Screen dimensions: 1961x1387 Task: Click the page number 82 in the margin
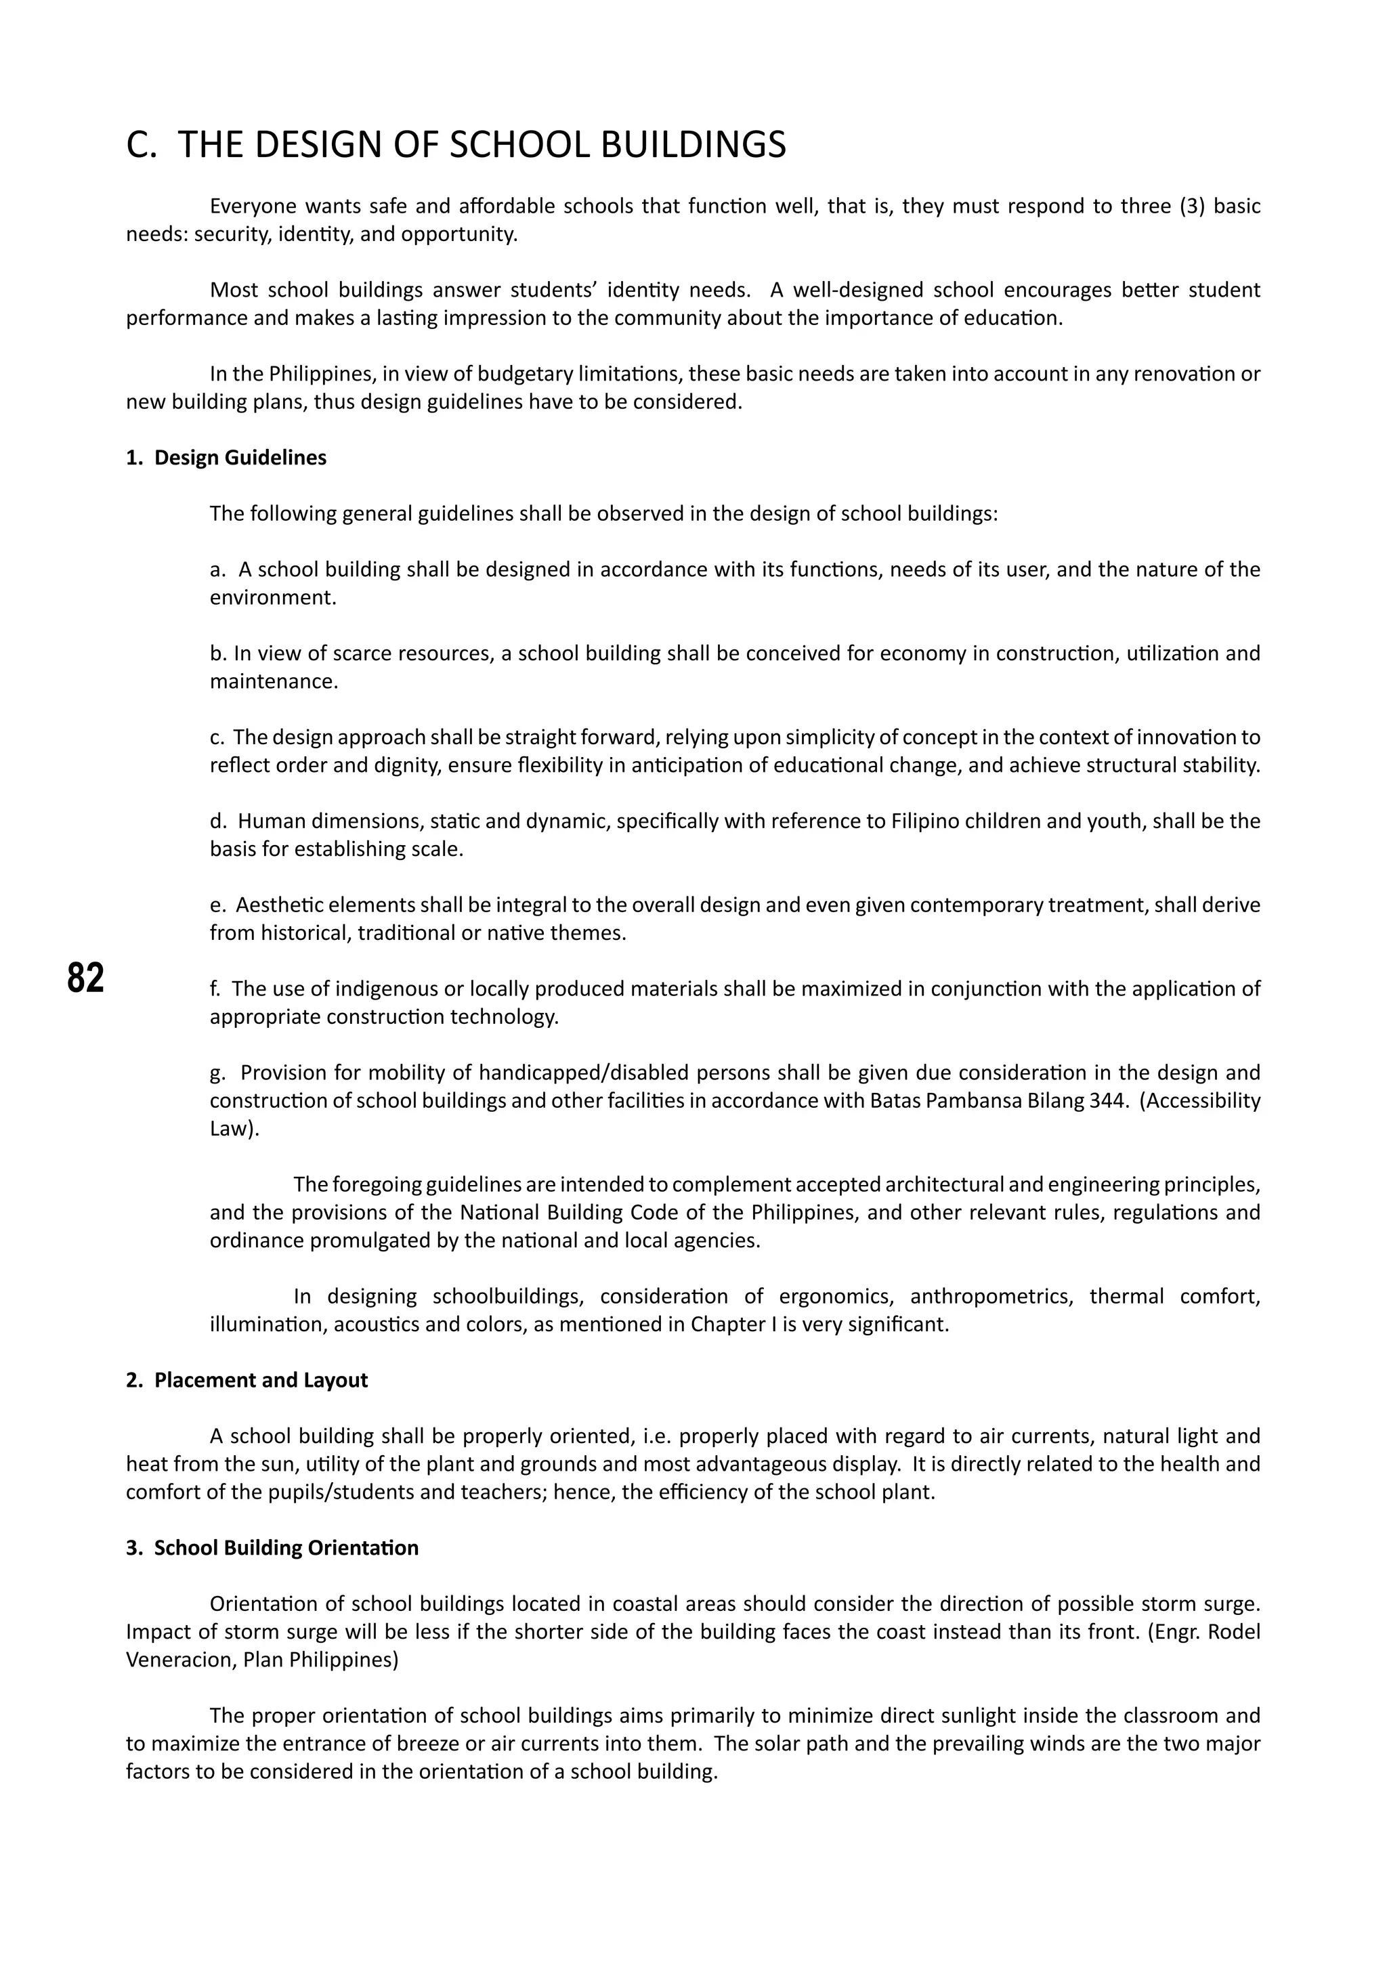pos(85,977)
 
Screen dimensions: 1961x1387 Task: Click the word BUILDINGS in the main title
pos(693,144)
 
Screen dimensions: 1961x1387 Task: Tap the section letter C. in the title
pos(141,144)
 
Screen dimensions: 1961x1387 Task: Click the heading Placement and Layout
pos(261,1380)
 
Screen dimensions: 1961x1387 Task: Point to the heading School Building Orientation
pos(286,1548)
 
